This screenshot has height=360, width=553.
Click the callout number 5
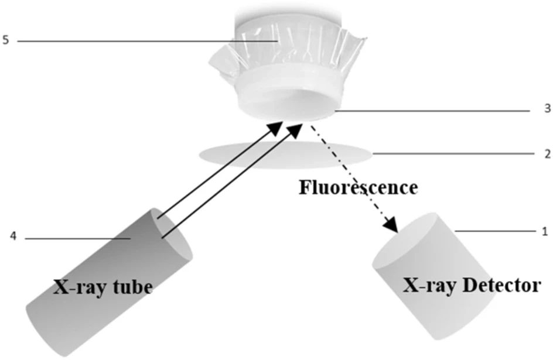(5, 41)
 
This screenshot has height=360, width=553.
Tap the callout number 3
(547, 109)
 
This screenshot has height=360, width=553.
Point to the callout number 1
(545, 231)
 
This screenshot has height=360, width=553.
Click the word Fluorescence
(359, 188)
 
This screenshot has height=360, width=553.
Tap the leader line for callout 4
(76, 238)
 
